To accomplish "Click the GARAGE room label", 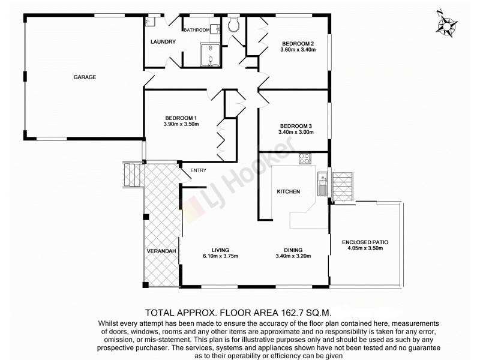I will point(85,77).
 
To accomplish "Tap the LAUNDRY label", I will point(163,41).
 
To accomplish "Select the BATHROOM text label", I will point(196,30).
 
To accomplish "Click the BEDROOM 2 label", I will point(298,43).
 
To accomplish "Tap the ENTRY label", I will point(198,170).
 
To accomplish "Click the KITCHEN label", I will point(288,191).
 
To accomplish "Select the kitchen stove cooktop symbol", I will point(305,159).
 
